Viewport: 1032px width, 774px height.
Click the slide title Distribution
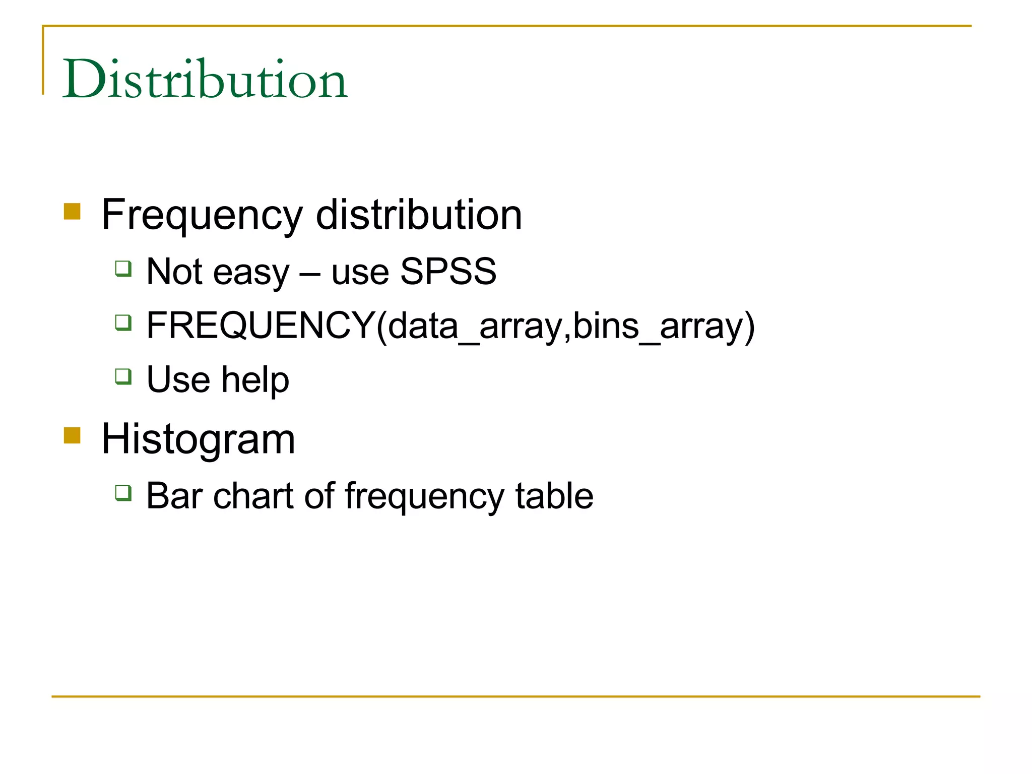[x=205, y=79]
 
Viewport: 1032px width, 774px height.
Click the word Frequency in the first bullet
[x=202, y=216]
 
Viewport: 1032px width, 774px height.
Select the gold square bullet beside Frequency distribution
[x=72, y=212]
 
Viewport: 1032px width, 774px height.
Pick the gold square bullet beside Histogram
[x=72, y=435]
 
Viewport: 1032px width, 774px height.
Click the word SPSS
[x=448, y=272]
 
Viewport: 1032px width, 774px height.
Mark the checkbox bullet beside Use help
[x=123, y=376]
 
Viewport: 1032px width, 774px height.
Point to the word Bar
[x=174, y=496]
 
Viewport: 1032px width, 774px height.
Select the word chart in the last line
[x=253, y=496]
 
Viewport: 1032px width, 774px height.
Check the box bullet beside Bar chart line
[x=123, y=492]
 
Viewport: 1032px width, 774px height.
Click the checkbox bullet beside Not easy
[x=123, y=269]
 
